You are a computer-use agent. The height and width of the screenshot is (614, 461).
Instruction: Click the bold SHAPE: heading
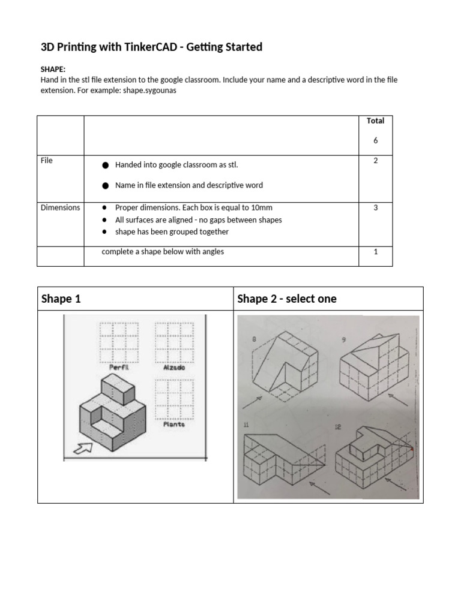53,70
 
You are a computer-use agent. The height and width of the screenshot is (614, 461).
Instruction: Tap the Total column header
375,121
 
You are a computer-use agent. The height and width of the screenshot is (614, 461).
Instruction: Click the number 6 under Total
375,140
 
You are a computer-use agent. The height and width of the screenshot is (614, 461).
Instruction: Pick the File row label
47,161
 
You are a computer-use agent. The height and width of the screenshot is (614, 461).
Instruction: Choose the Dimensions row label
60,207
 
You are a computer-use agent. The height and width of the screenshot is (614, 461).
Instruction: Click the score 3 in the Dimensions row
375,207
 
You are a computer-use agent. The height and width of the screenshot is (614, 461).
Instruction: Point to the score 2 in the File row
375,161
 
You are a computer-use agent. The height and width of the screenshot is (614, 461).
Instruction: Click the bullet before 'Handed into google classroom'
106,165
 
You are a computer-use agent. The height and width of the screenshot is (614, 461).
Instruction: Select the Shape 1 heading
61,299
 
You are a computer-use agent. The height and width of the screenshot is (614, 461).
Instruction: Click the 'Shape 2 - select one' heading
287,299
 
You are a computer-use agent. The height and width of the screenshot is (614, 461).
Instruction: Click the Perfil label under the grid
119,367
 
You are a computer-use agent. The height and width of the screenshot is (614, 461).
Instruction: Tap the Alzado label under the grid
173,368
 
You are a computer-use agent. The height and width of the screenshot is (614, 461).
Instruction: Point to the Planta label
173,424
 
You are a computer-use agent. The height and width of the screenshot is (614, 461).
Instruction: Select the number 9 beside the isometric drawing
343,340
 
